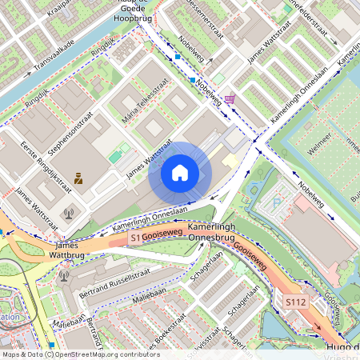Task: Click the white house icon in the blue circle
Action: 180,173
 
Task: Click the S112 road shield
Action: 296,302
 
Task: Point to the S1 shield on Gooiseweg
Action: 134,238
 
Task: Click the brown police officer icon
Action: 78,179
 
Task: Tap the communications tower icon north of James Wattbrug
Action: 68,214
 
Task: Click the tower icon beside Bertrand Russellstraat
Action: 64,276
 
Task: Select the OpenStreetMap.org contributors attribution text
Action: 108,354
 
